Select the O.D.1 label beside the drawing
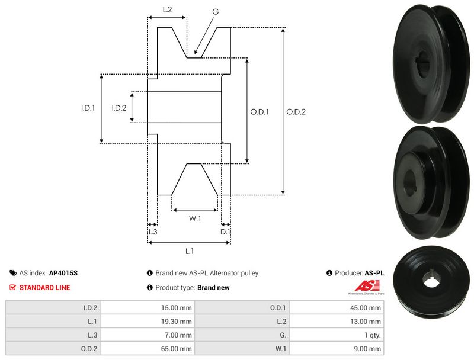[x=260, y=111]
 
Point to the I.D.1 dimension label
[x=88, y=108]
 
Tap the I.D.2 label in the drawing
[x=119, y=108]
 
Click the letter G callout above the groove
[x=215, y=11]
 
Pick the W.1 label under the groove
[x=195, y=218]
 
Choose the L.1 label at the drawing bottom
[x=190, y=251]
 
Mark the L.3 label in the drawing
[x=152, y=232]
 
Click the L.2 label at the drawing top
[x=167, y=9]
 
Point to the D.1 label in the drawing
[x=225, y=232]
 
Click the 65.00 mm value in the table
[x=178, y=349]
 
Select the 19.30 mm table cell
[x=178, y=322]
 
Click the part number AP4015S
[x=63, y=274]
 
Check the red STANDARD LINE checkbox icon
[x=12, y=287]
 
